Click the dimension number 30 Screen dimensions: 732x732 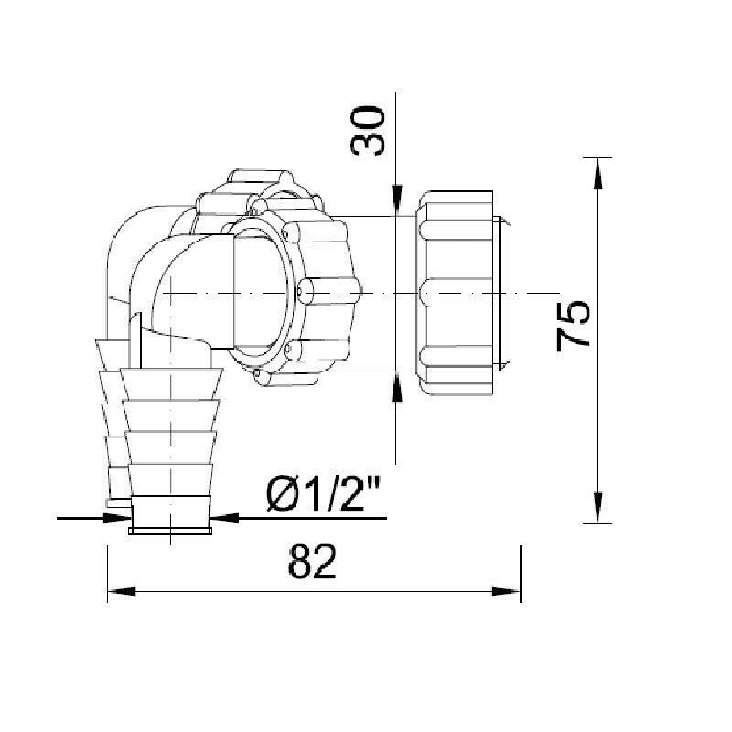(x=368, y=131)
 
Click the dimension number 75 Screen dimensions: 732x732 (x=574, y=326)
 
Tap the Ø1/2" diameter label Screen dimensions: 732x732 (x=324, y=493)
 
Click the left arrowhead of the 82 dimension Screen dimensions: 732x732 (x=122, y=591)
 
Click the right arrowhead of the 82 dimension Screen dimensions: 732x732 (x=507, y=591)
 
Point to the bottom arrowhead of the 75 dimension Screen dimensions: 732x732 (x=597, y=508)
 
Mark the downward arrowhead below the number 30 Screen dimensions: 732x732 (x=396, y=200)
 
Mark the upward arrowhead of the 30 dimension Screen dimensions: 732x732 (x=396, y=386)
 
